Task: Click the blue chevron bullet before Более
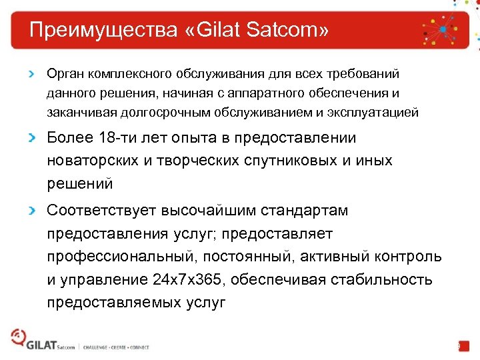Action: tap(31, 139)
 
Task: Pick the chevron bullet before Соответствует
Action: tap(31, 211)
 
